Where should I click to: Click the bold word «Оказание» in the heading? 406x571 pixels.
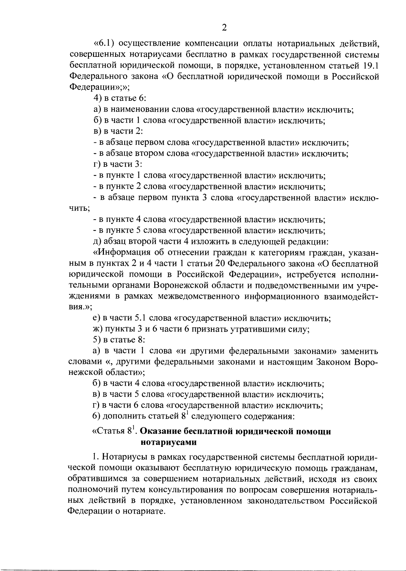click(160, 432)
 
